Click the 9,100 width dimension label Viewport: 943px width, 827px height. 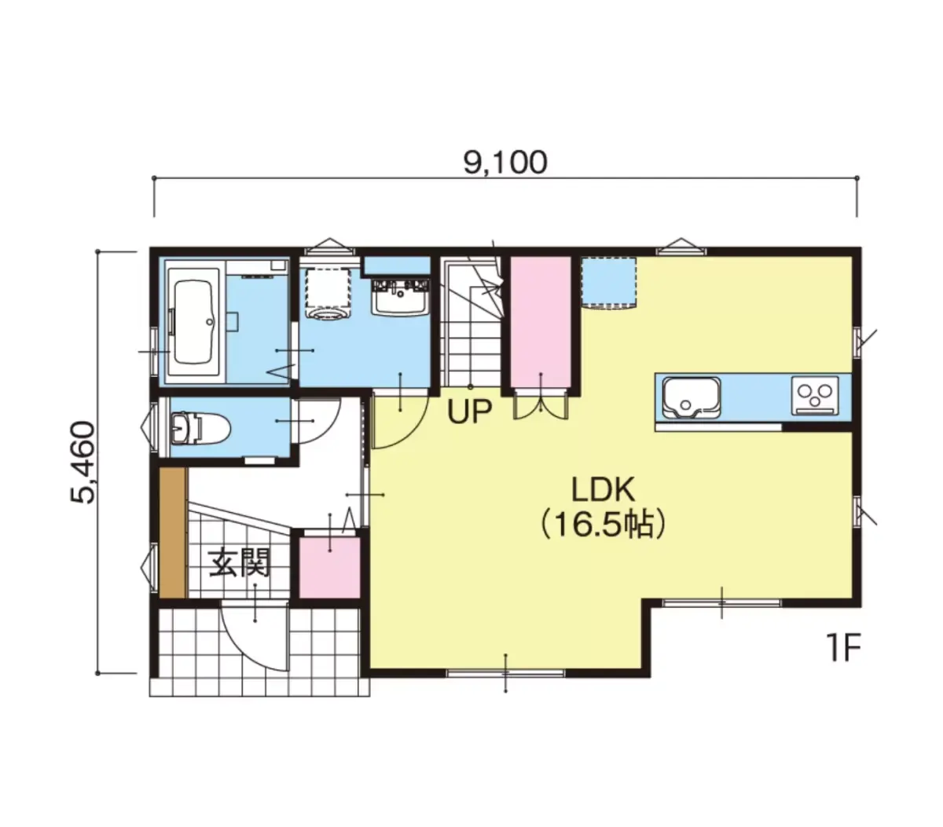coord(505,163)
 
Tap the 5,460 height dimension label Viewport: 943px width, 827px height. coord(83,462)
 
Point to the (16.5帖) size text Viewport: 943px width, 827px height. coord(603,525)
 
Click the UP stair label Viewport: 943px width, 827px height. coord(469,412)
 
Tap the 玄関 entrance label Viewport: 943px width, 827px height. coord(239,562)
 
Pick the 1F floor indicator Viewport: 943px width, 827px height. coord(843,649)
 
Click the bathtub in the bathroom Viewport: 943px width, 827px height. coord(193,322)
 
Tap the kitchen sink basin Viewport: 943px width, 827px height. coord(692,397)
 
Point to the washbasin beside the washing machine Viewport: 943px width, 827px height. coord(400,296)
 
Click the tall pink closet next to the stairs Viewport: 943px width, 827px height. coord(541,321)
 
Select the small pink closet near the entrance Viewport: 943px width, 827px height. coord(329,568)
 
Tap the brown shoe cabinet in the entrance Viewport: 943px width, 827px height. coord(173,532)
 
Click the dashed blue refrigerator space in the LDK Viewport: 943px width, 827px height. coord(609,282)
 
